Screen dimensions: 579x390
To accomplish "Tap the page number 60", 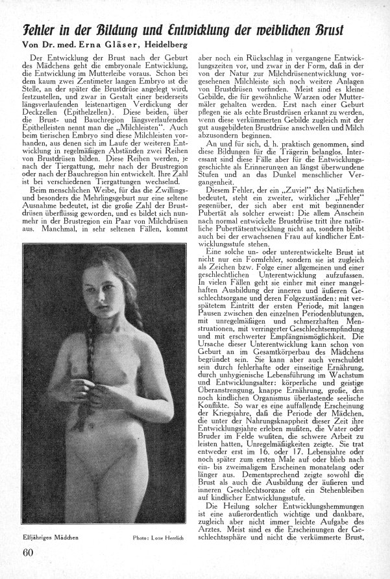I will [x=25, y=552].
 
